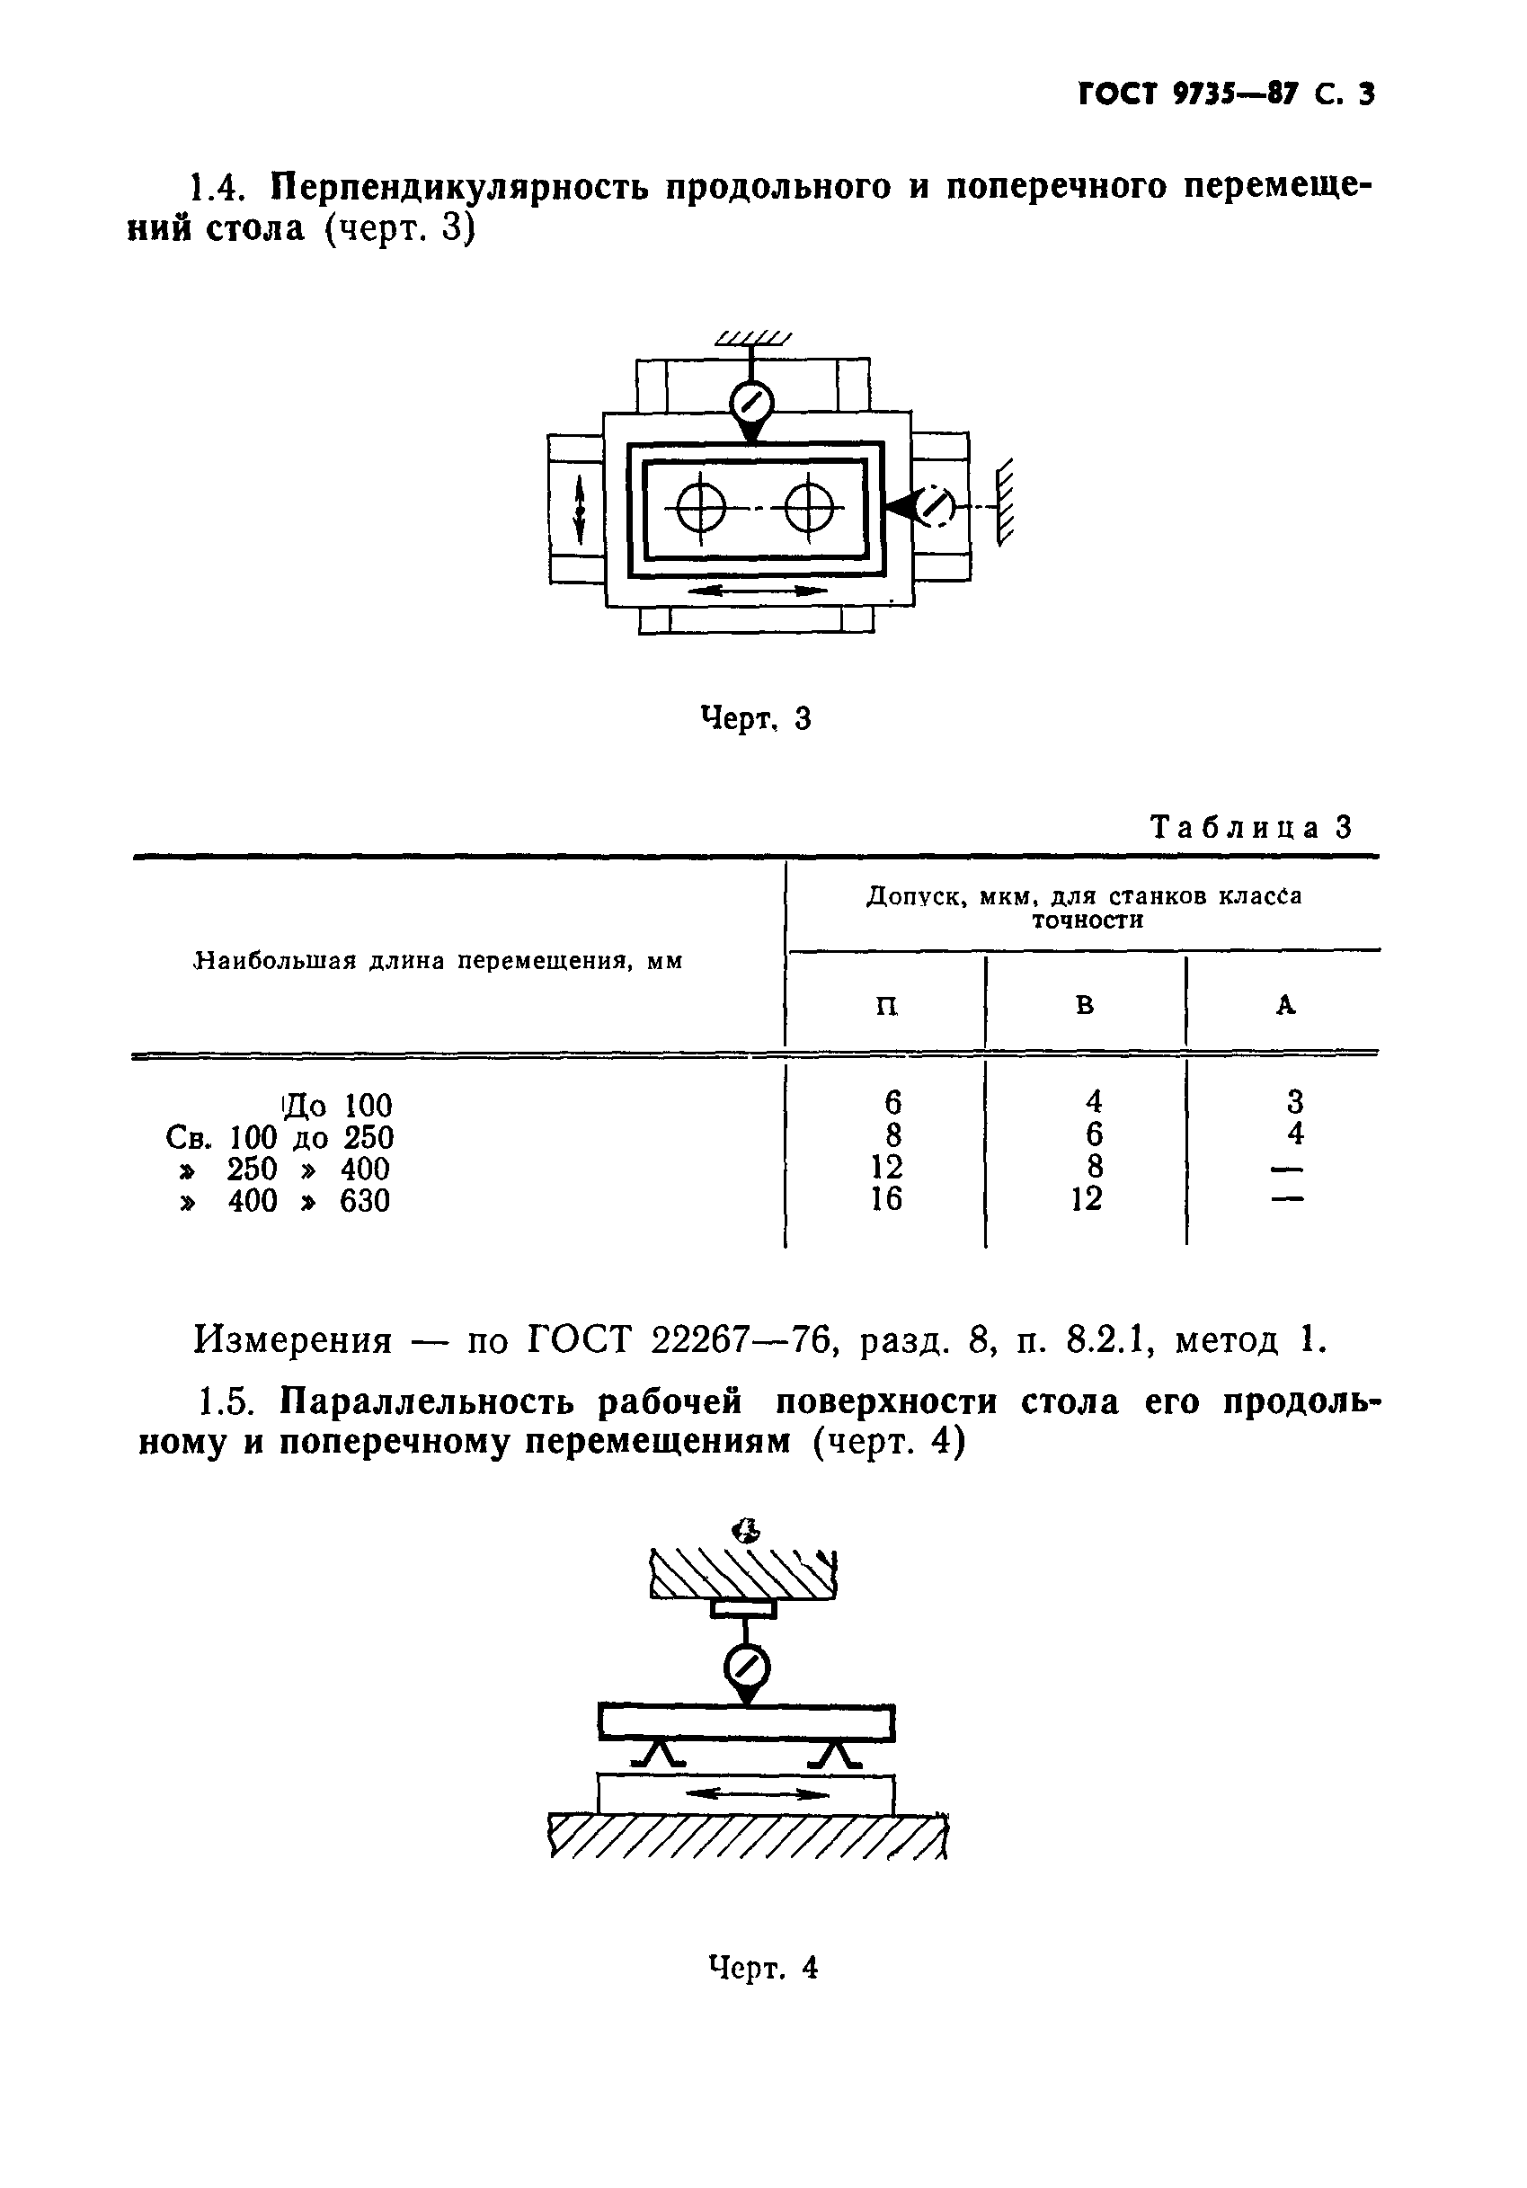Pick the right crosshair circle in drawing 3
[809, 511]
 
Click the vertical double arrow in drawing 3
[578, 510]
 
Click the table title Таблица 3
[1251, 826]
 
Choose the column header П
[886, 1005]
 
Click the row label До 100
[338, 1106]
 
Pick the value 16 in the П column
[886, 1200]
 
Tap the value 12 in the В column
[1086, 1200]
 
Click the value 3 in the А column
[1294, 1103]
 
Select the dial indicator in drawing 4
[747, 1668]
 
